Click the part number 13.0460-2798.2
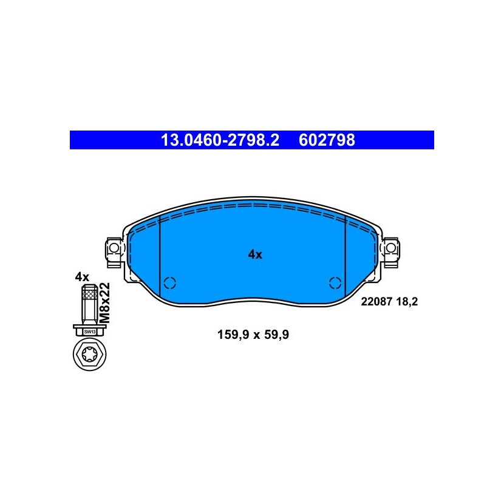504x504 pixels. (x=220, y=140)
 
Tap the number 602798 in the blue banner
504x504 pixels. (x=327, y=140)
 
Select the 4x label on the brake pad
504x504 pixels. (x=255, y=254)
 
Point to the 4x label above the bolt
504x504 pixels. (x=82, y=277)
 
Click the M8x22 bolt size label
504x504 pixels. (x=105, y=303)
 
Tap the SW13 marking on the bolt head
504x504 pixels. (x=90, y=332)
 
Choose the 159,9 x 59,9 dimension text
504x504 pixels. (x=253, y=335)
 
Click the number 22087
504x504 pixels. (x=376, y=302)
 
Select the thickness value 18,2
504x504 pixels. (x=407, y=302)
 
